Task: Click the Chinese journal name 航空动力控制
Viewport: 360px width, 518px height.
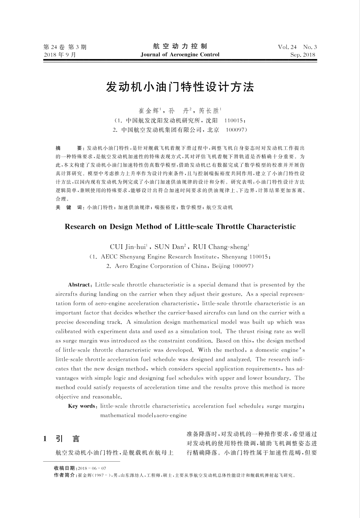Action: coord(180,46)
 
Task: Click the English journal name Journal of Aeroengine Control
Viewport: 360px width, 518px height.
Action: coord(180,55)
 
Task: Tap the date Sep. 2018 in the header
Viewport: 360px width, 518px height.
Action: coord(303,55)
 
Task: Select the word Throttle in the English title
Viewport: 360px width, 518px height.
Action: coord(230,227)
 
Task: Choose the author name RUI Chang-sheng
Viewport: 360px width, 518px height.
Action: coord(220,247)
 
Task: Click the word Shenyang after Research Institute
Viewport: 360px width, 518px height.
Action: coord(235,257)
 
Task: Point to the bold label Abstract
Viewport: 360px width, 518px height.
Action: coord(79,285)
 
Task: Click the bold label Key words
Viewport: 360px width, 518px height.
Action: coord(82,406)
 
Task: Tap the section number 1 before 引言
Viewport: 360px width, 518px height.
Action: coord(45,439)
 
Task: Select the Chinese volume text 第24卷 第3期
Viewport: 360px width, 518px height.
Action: coord(65,47)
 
